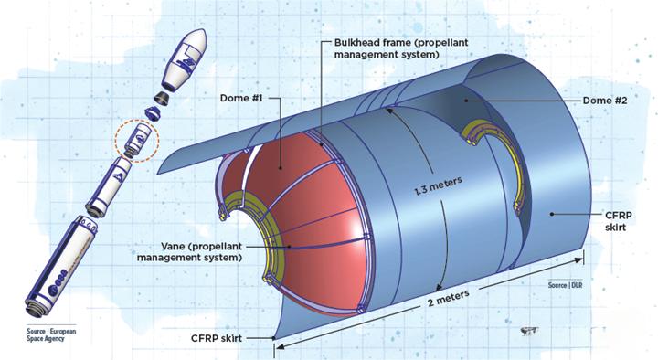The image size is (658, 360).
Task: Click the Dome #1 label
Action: click(241, 98)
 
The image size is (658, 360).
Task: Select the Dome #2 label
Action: click(605, 101)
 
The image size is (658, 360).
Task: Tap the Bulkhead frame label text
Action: click(401, 48)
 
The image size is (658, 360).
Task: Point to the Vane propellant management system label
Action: click(190, 252)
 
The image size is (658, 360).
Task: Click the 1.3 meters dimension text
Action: click(438, 185)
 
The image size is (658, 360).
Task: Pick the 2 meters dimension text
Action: click(448, 298)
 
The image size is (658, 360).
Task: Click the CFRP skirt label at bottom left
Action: click(217, 338)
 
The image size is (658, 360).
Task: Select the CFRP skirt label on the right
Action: click(619, 221)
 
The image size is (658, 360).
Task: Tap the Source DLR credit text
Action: click(565, 285)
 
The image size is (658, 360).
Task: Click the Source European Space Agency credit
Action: click(51, 334)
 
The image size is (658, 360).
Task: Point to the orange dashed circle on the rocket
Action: click(137, 141)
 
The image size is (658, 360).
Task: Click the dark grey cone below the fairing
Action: click(163, 98)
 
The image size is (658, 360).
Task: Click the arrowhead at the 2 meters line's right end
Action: click(579, 260)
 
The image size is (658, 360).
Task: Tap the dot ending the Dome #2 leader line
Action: click(465, 101)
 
